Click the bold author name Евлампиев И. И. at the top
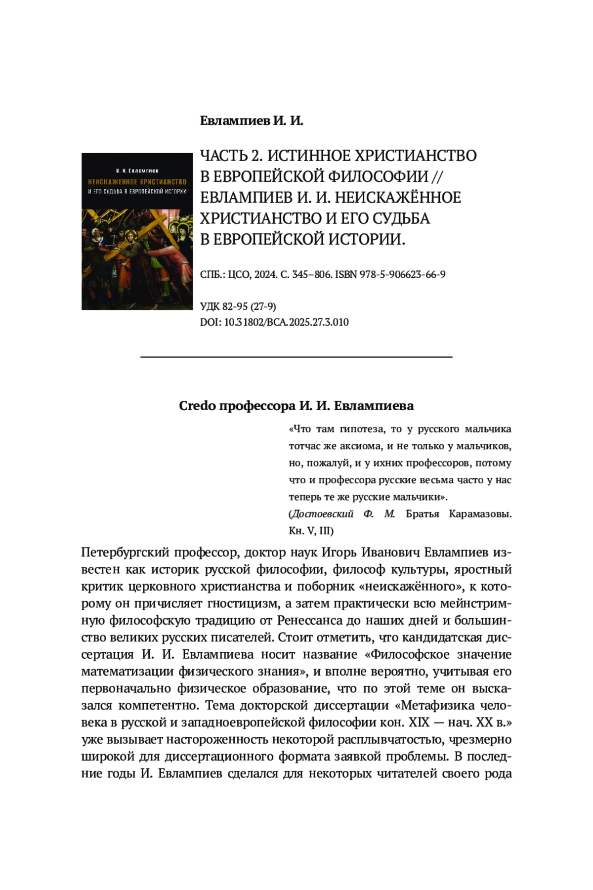[251, 121]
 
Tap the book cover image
[137, 231]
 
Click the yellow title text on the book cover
[137, 182]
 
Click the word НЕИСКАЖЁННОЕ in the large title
[398, 198]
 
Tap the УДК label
[211, 307]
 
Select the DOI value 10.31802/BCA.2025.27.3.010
[287, 322]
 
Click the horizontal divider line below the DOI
[296, 356]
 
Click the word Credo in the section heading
[197, 406]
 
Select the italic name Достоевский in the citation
[322, 514]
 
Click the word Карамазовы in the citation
[480, 514]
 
